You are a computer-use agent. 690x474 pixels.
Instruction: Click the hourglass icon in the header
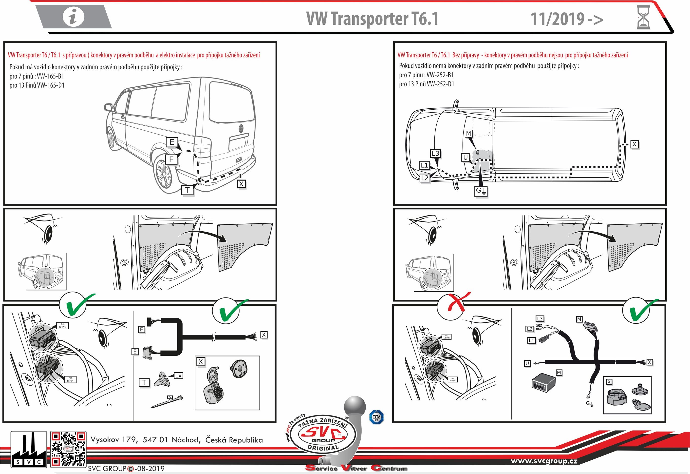pos(643,17)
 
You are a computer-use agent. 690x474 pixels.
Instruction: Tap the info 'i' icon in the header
pos(73,17)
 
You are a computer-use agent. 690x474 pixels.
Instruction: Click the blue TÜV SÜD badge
pos(376,417)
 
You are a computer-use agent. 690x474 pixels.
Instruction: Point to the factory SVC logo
pos(29,449)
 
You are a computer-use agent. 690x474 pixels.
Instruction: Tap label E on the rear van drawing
pos(172,142)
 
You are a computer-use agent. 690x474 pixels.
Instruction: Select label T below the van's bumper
pos(187,190)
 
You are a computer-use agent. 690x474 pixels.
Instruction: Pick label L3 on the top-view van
pos(435,153)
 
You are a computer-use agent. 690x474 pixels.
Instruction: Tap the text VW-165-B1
pos(51,76)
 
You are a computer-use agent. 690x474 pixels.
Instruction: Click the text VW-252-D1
pos(440,84)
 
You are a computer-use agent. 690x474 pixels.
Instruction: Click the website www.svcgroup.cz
pos(544,461)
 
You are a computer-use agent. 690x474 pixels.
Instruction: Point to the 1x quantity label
pos(178,376)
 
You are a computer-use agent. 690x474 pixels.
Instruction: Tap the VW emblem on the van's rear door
pos(241,128)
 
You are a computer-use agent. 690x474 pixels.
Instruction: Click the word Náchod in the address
pos(186,440)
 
